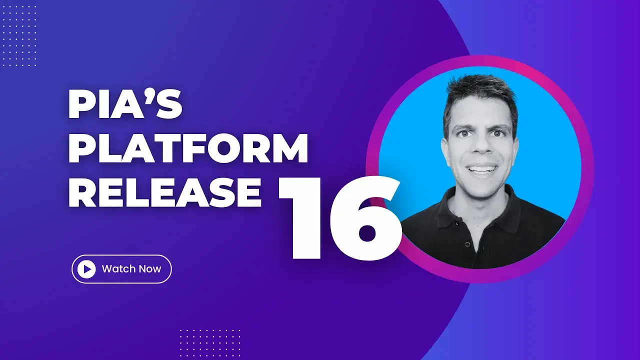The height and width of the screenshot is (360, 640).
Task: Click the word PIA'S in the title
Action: coord(125,106)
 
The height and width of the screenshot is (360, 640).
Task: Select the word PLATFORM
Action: coord(188,149)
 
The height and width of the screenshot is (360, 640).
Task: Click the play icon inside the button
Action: coord(87,269)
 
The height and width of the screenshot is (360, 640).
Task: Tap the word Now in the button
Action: coord(150,269)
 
